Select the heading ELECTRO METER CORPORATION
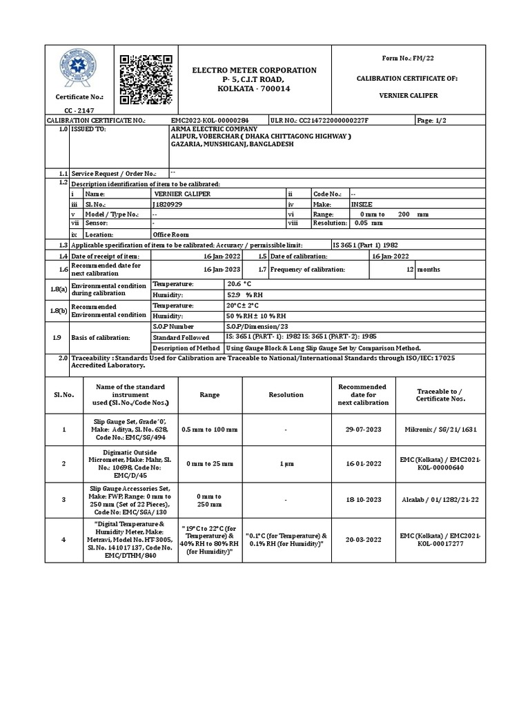click(254, 70)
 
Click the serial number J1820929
click(166, 205)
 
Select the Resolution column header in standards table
click(286, 394)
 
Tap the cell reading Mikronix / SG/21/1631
click(440, 429)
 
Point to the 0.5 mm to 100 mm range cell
click(209, 429)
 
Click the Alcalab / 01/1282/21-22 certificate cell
click(440, 500)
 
